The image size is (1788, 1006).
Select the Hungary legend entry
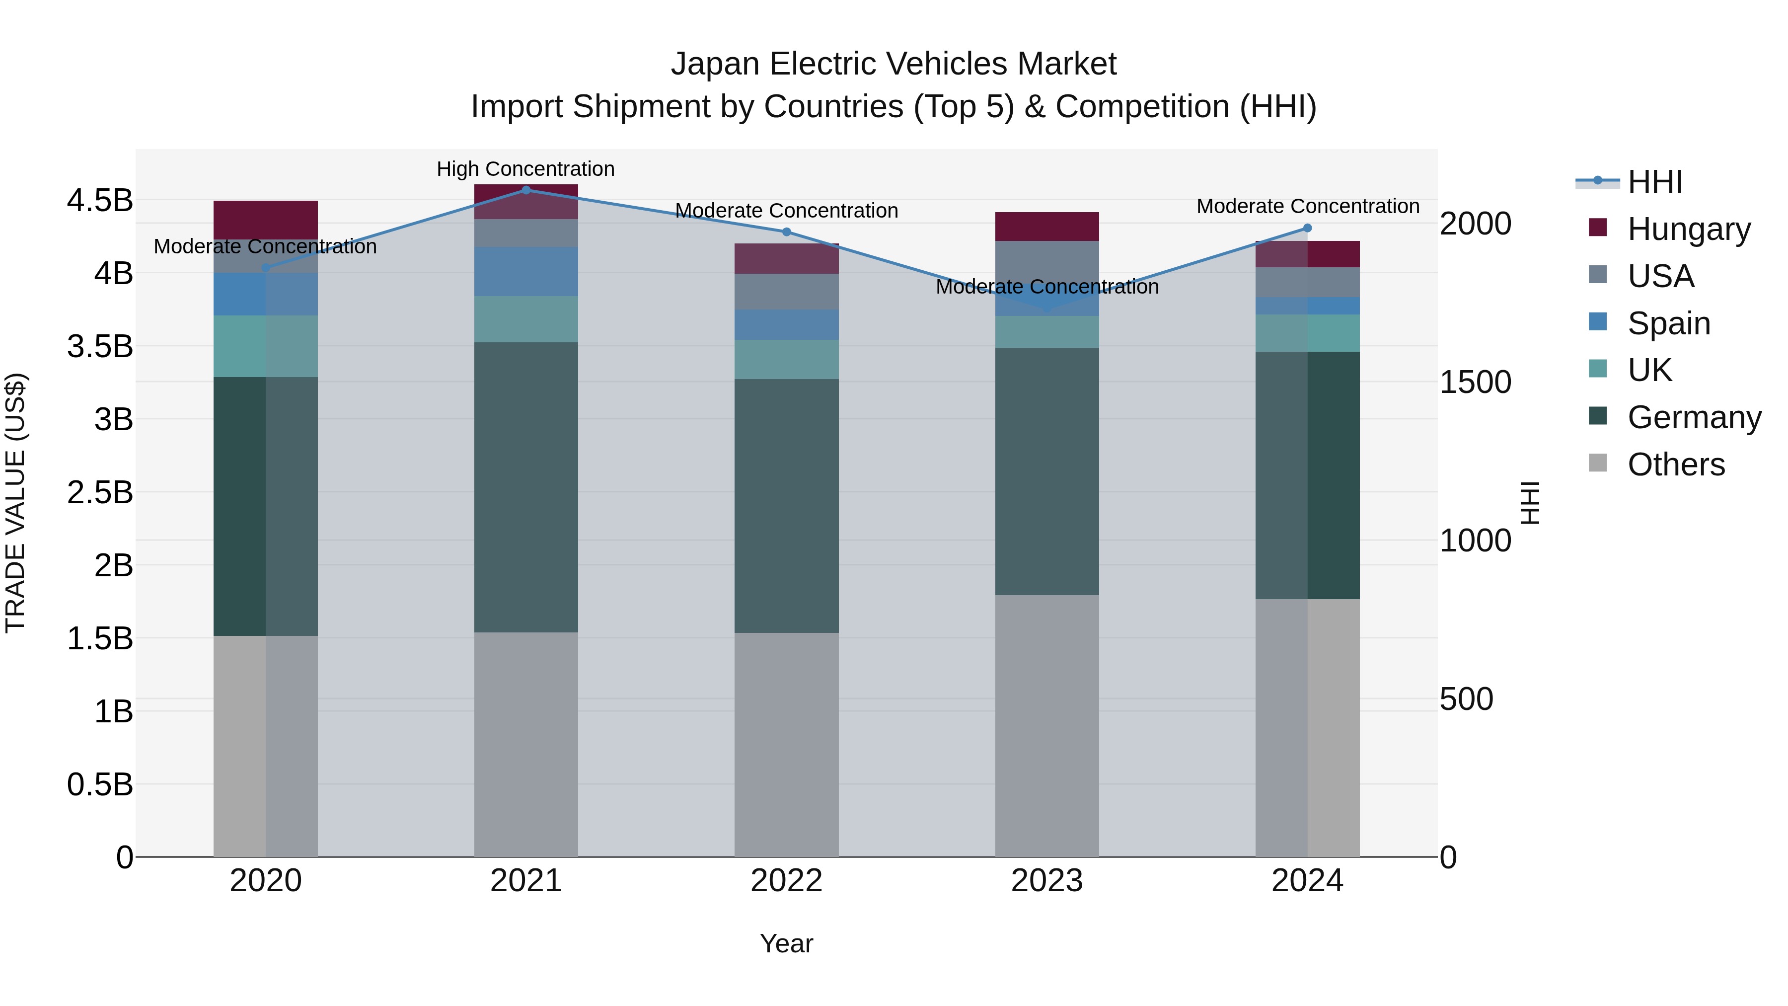[x=1688, y=229]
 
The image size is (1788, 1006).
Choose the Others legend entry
[x=1676, y=464]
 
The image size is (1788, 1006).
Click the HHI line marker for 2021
[x=526, y=190]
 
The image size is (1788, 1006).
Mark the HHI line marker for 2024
[x=1307, y=228]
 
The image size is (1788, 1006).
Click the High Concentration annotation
[x=525, y=169]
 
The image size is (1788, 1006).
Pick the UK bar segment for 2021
[x=526, y=319]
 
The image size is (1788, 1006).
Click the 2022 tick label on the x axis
[x=786, y=881]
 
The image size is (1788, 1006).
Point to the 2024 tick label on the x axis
[x=1307, y=881]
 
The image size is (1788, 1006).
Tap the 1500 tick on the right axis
[x=1475, y=382]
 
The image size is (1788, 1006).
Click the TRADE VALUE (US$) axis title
[x=15, y=503]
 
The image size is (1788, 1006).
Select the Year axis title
[x=786, y=943]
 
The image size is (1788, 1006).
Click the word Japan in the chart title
[x=715, y=64]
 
